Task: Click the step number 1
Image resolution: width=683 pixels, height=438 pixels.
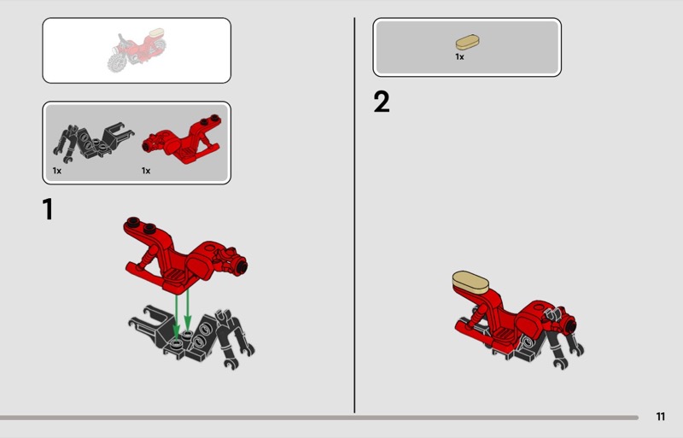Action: click(48, 209)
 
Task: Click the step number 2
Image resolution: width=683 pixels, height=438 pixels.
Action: click(382, 102)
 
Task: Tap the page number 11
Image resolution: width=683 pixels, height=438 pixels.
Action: click(660, 417)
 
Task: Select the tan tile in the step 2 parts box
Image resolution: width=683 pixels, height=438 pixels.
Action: click(468, 43)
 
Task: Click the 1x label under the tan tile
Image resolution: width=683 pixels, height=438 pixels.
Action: click(459, 56)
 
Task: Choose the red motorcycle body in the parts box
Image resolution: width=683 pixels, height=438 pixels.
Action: click(182, 139)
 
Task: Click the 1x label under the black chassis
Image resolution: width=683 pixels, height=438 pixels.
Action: click(57, 171)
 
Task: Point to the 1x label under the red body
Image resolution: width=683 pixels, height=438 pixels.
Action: click(146, 171)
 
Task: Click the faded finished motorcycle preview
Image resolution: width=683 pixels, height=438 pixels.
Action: click(137, 50)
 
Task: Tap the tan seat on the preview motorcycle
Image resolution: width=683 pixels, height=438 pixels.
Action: click(156, 32)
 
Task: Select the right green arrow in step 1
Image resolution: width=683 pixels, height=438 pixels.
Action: click(188, 310)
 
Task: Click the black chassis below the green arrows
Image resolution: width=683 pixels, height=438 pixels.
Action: click(191, 336)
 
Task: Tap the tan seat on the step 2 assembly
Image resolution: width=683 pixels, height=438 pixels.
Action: click(470, 282)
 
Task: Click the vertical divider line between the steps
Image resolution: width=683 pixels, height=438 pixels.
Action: click(354, 215)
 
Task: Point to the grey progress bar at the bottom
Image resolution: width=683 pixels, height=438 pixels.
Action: click(319, 418)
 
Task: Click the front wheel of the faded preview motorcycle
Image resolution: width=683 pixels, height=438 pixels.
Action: click(118, 61)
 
